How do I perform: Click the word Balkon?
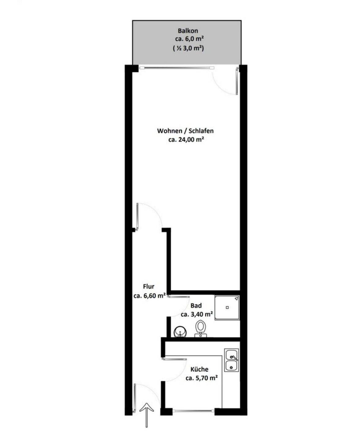pos(188,31)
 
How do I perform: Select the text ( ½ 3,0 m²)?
pos(188,48)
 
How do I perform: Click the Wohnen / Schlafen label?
pos(185,131)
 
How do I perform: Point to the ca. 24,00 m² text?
pos(186,139)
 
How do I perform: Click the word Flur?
pos(149,286)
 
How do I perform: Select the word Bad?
pos(196,306)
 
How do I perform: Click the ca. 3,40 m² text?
pos(197,314)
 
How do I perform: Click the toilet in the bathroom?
pos(201,329)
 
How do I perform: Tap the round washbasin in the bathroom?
pos(180,332)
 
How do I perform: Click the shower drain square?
pos(227,307)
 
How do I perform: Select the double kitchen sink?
pos(231,360)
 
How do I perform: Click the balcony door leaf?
pos(237,81)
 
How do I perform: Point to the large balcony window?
pos(177,68)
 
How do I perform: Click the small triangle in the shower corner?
pos(236,299)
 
